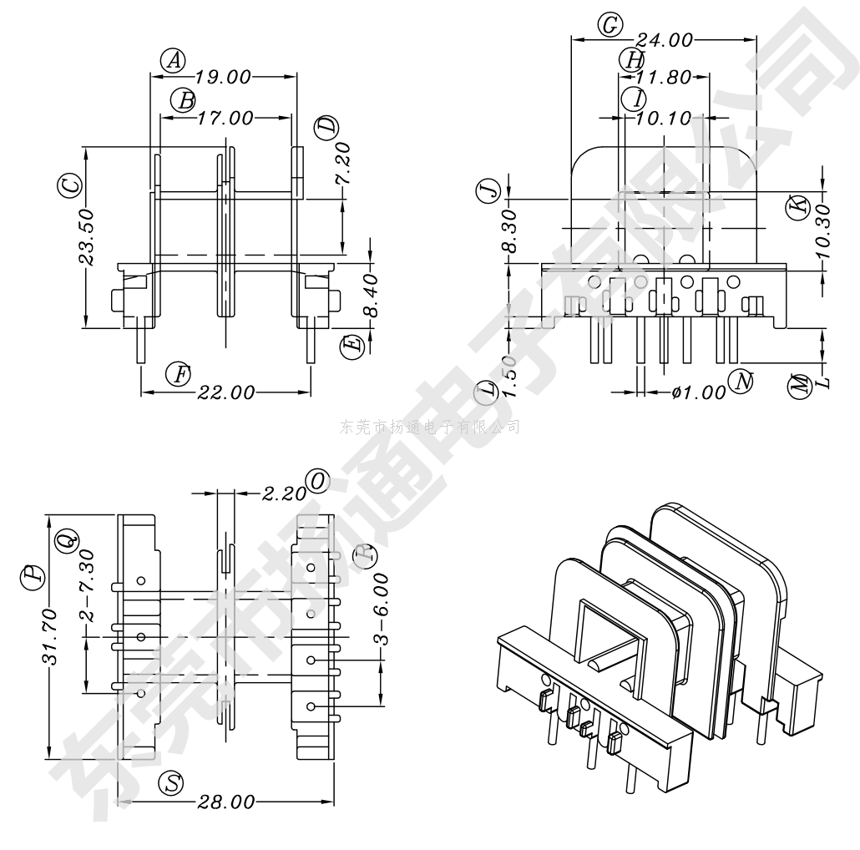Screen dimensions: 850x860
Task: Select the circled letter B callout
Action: (x=183, y=101)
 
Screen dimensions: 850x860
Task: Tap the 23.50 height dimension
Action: (x=86, y=237)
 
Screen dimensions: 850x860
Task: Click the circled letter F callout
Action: (x=177, y=374)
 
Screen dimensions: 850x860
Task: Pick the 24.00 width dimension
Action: (x=664, y=40)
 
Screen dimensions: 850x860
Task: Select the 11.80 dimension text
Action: (x=663, y=78)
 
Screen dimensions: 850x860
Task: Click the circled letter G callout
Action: (x=610, y=26)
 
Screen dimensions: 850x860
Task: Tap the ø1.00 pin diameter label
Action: (x=699, y=392)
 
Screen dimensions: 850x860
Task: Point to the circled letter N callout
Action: (x=740, y=382)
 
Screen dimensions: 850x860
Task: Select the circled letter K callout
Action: (x=799, y=205)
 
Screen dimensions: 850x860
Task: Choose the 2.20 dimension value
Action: (x=284, y=493)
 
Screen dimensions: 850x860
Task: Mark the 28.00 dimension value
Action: (x=225, y=802)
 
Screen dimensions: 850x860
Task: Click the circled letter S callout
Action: (x=171, y=783)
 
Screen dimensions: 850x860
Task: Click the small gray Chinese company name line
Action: (x=430, y=428)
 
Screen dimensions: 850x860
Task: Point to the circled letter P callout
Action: (x=32, y=575)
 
